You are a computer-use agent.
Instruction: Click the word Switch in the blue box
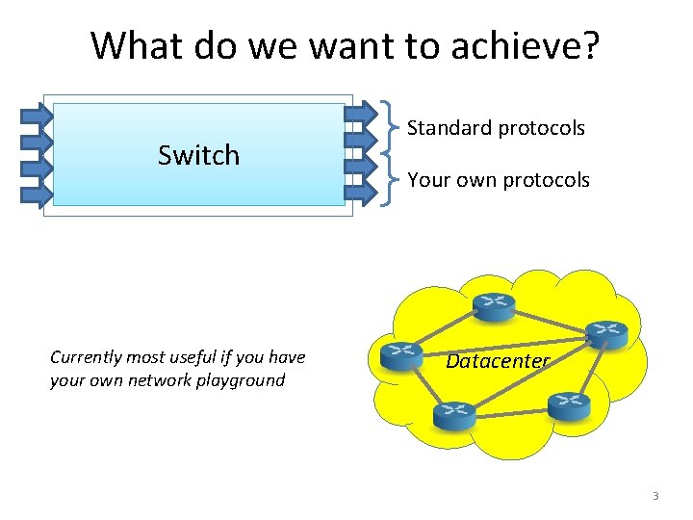198,155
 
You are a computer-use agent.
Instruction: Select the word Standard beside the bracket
449,128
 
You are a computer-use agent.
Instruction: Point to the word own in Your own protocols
474,180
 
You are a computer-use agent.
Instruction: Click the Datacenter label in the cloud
498,362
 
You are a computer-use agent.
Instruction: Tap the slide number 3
655,496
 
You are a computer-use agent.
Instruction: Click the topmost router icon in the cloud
494,306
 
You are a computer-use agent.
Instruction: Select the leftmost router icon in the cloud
401,355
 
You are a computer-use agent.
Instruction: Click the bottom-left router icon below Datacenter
454,415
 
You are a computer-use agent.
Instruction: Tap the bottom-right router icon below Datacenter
568,405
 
